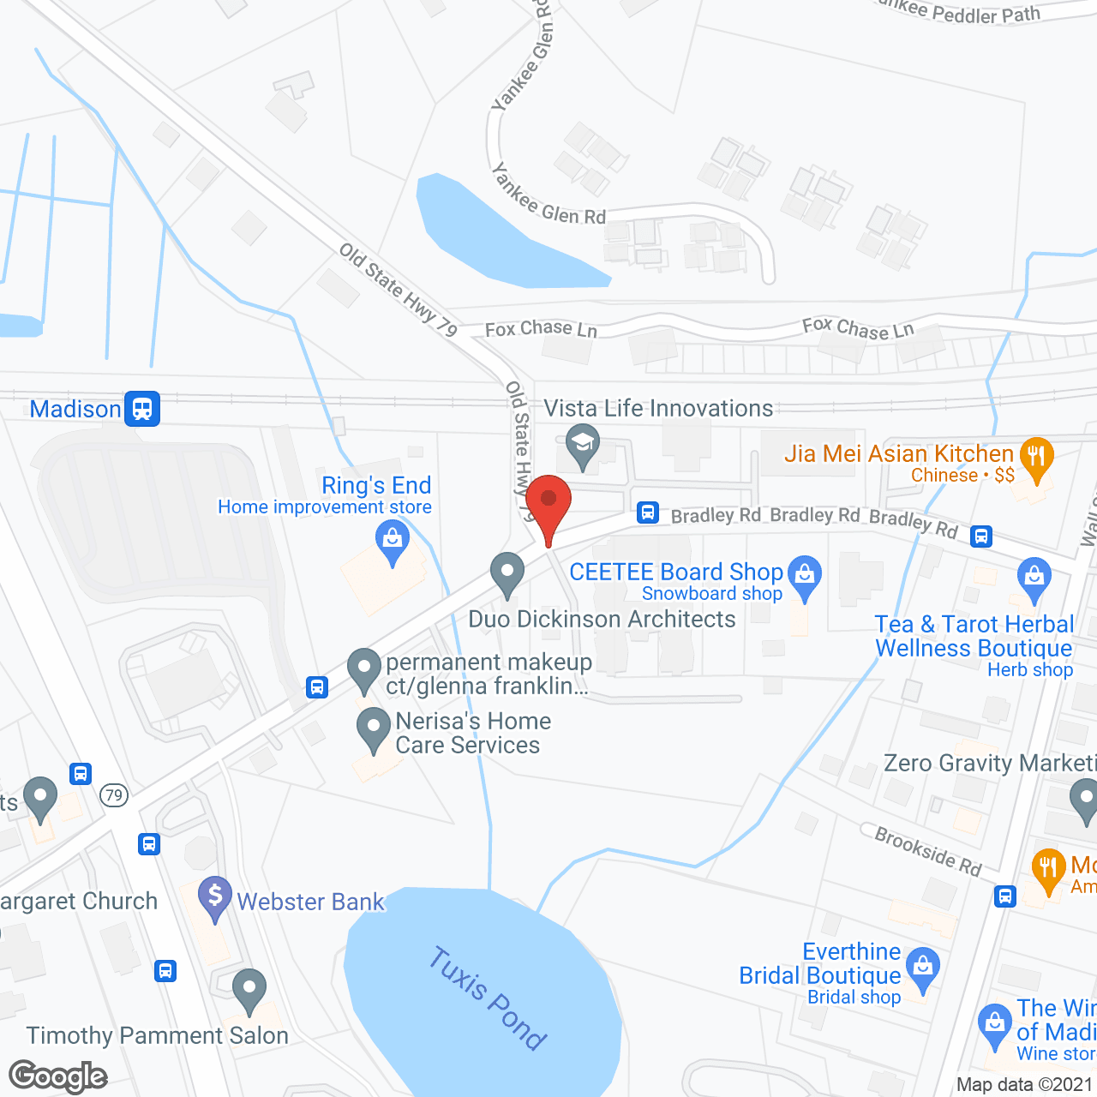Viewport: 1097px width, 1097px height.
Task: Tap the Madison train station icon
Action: point(142,409)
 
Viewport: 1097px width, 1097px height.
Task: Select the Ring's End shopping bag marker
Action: point(393,542)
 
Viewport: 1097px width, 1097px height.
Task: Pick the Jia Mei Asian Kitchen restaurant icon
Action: point(1037,458)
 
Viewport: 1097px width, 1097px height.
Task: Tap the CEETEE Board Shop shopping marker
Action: point(805,576)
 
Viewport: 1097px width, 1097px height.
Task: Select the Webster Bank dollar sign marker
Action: point(214,897)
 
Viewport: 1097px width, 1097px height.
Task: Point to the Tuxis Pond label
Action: point(487,998)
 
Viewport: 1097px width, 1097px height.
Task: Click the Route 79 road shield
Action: point(114,795)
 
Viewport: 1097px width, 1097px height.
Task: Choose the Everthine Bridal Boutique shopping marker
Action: point(923,968)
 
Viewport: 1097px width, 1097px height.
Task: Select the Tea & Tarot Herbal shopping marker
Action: point(1034,578)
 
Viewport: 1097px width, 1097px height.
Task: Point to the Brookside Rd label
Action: point(928,850)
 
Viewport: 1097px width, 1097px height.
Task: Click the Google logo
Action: point(58,1076)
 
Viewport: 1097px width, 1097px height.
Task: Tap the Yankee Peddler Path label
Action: point(960,11)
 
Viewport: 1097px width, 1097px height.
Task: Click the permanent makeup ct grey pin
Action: point(364,669)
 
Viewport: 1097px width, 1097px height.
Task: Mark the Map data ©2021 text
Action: point(1025,1085)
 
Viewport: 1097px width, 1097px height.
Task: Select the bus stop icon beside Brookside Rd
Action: point(1005,897)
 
